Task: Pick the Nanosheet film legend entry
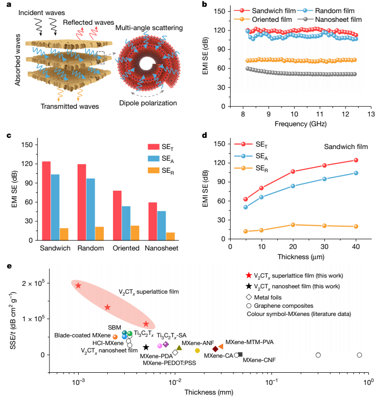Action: point(338,19)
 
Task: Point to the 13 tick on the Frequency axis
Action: point(370,114)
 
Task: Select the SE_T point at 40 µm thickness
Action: point(356,160)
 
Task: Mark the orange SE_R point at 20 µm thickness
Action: point(293,225)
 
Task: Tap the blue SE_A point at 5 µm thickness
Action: point(246,207)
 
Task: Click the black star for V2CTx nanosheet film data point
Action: point(146,348)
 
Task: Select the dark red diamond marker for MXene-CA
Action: point(216,349)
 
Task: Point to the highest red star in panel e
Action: point(78,285)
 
